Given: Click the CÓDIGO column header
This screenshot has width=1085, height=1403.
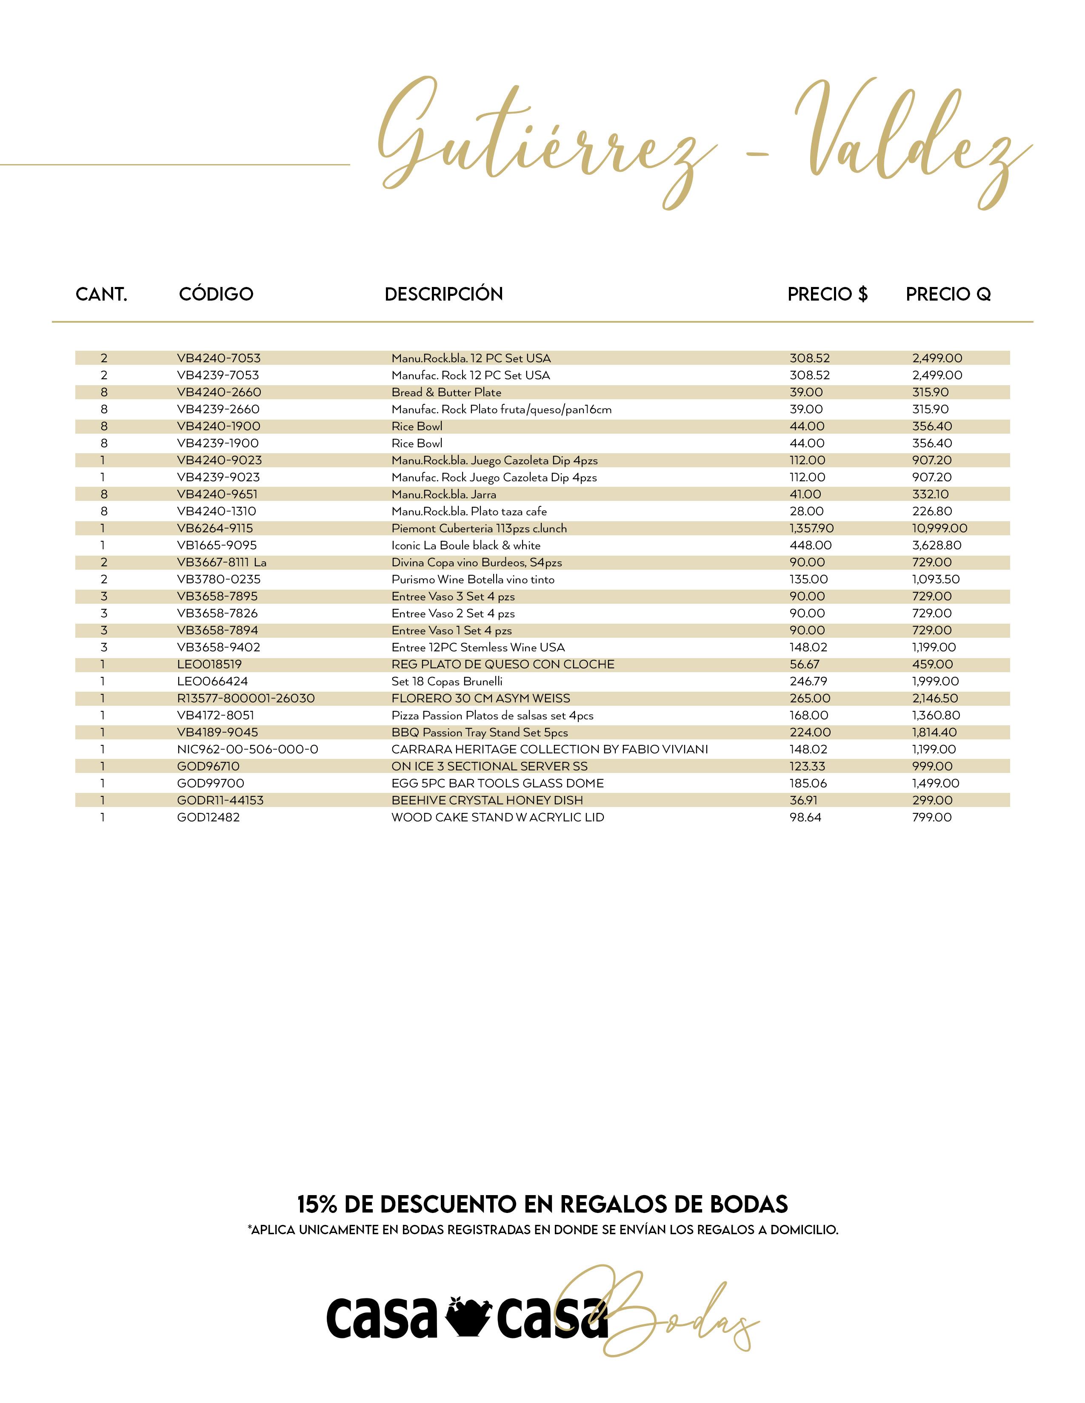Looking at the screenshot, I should click(x=216, y=294).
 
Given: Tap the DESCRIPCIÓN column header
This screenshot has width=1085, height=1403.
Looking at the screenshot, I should click(x=443, y=294).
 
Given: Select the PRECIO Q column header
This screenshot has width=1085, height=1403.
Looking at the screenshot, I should click(x=948, y=294).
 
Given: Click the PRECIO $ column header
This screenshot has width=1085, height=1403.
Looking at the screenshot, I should click(x=827, y=294).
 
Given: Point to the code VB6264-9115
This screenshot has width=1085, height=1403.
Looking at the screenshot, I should click(x=215, y=528).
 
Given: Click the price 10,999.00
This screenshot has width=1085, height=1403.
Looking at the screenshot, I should click(x=939, y=528).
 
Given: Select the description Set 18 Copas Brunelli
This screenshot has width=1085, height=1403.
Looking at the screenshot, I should click(x=447, y=681).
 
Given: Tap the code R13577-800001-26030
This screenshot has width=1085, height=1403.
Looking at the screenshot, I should click(x=246, y=698).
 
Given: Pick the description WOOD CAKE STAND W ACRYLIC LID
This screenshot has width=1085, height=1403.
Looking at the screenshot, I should click(x=497, y=817).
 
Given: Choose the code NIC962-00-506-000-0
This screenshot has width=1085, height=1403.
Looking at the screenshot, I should click(x=248, y=749).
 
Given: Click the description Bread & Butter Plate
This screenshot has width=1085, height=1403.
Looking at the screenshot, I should click(x=446, y=392).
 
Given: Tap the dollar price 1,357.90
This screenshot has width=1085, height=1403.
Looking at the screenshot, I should click(x=811, y=528).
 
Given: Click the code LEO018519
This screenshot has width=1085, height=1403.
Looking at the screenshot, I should click(x=209, y=664).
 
